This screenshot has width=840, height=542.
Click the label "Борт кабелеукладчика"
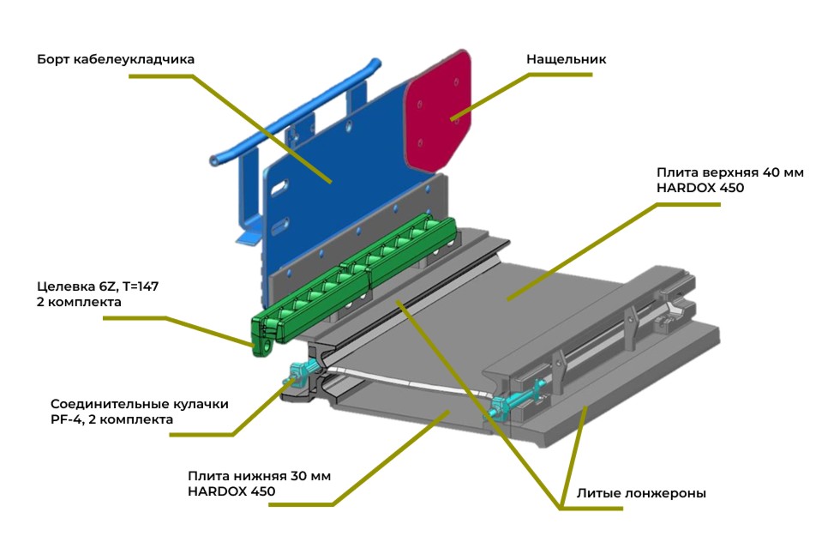point(116,60)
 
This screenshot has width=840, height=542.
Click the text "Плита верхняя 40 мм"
point(730,172)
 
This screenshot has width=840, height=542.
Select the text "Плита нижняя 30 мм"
point(259,476)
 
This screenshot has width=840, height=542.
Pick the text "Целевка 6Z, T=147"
point(93,286)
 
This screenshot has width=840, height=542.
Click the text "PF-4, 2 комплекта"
point(111,420)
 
